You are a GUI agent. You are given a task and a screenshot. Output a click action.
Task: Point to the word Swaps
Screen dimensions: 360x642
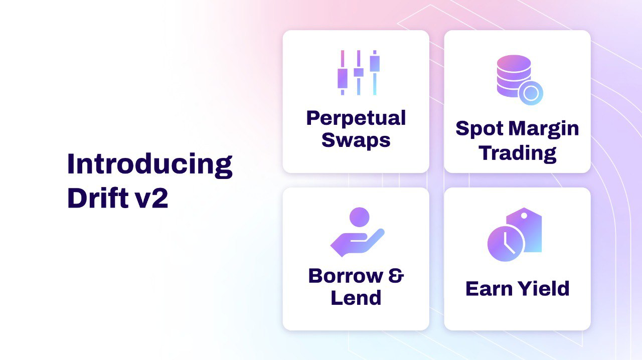356,140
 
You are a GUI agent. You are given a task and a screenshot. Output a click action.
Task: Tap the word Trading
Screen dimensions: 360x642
518,152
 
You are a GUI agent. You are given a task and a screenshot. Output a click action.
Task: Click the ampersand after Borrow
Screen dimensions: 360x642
396,276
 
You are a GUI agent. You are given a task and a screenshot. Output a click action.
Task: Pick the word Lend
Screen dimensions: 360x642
356,298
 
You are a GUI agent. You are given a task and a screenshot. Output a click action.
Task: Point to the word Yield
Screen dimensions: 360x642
546,289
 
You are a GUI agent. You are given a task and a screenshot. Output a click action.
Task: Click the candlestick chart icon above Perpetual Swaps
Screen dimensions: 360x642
358,73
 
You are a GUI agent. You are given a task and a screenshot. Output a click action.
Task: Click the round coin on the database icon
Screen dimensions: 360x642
531,93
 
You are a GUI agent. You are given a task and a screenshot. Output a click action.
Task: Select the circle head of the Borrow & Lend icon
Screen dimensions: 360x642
359,217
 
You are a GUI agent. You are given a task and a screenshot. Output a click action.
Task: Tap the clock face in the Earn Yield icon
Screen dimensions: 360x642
506,243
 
